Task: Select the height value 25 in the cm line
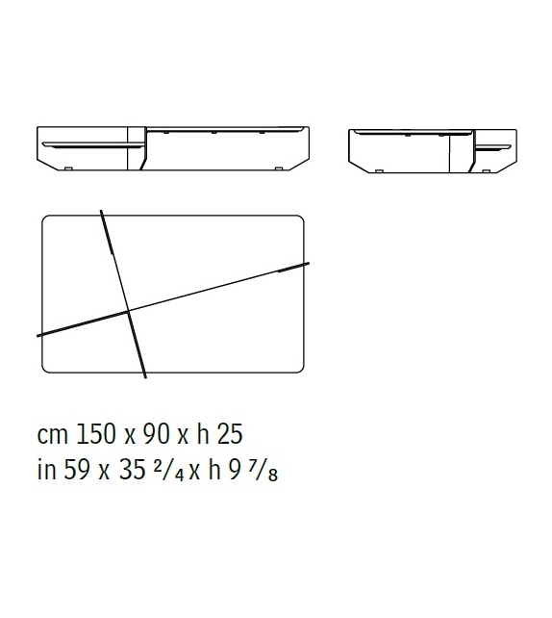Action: tap(230, 434)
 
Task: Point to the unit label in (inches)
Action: tap(45, 472)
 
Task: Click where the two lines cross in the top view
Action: tap(128, 310)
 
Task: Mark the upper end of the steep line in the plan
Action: tap(101, 210)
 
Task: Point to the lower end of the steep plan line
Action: tap(145, 376)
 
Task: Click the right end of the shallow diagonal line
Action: tap(310, 262)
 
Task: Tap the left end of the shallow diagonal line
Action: tap(38, 335)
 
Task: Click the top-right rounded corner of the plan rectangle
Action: tap(299, 219)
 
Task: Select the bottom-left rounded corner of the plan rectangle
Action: tap(47, 368)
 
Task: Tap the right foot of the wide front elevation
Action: tap(278, 169)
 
